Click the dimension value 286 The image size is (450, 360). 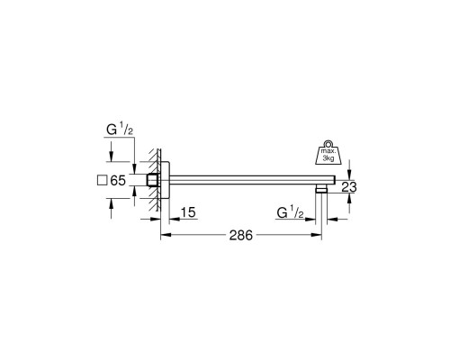pos(241,236)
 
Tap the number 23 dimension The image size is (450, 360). pos(349,187)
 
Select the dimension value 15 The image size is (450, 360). pos(188,212)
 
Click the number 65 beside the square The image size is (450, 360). pos(118,180)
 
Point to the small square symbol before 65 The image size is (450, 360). pos(103,180)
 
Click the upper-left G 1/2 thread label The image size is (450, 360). pos(120,130)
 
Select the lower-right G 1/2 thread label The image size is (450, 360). pos(290,213)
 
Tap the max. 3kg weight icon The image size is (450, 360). pos(328,152)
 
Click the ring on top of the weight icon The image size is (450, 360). pos(328,143)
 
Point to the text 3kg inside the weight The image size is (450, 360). pos(328,158)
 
